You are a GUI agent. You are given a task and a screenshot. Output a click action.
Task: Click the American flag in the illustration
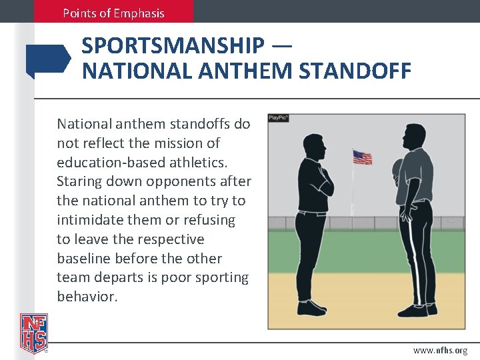tap(362, 157)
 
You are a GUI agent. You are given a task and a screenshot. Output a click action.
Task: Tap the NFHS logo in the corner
tap(33, 333)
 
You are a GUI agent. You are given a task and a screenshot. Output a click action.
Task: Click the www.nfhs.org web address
tap(440, 350)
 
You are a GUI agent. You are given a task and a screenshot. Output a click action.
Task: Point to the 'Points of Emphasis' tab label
tap(113, 13)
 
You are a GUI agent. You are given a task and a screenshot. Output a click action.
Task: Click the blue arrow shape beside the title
tap(48, 59)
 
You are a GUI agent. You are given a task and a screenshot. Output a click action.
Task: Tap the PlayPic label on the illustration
tap(278, 118)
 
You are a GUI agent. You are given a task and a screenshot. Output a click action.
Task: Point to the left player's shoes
tap(312, 308)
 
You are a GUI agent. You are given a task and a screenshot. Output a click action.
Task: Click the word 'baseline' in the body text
tap(83, 258)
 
